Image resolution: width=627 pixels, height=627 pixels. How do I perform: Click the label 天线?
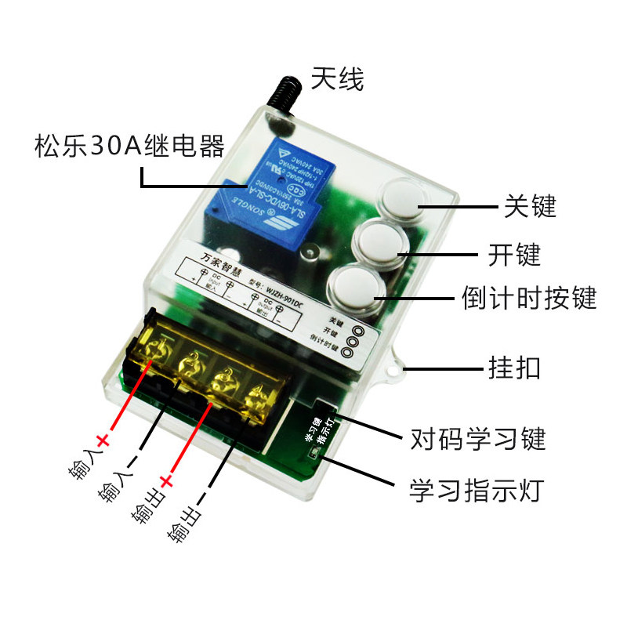point(338,78)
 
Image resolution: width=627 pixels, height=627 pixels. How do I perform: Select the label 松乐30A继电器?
point(129,146)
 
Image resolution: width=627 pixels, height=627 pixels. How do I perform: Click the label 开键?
point(514,255)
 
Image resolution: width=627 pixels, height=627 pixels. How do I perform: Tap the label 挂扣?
point(514,368)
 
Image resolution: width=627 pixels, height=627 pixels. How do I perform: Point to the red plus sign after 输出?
point(166,480)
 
